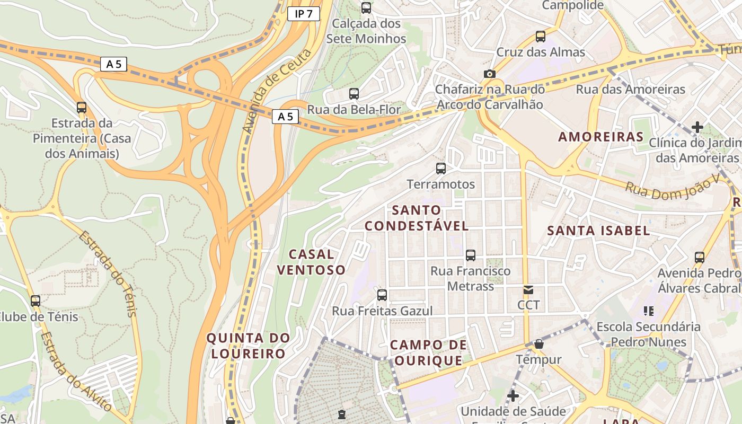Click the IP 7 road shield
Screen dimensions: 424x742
304,14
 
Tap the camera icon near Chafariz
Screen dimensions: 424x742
489,74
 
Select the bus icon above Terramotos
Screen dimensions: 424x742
440,169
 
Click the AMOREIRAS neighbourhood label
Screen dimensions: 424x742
600,137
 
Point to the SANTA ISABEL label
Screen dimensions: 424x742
598,231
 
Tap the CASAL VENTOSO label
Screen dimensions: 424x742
311,262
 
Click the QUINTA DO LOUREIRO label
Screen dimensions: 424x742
248,346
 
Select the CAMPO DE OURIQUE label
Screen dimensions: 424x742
428,353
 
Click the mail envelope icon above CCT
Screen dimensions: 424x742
528,290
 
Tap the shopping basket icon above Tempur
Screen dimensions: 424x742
538,344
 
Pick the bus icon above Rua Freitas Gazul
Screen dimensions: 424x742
382,295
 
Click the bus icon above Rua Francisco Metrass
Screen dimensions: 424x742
470,255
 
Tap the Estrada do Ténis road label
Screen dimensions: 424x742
108,273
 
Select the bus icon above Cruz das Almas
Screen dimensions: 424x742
540,37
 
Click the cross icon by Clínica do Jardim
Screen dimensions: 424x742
697,127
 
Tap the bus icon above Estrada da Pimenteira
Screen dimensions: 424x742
82,108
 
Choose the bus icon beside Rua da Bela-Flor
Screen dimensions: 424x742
354,94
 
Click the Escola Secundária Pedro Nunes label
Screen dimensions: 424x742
648,334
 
